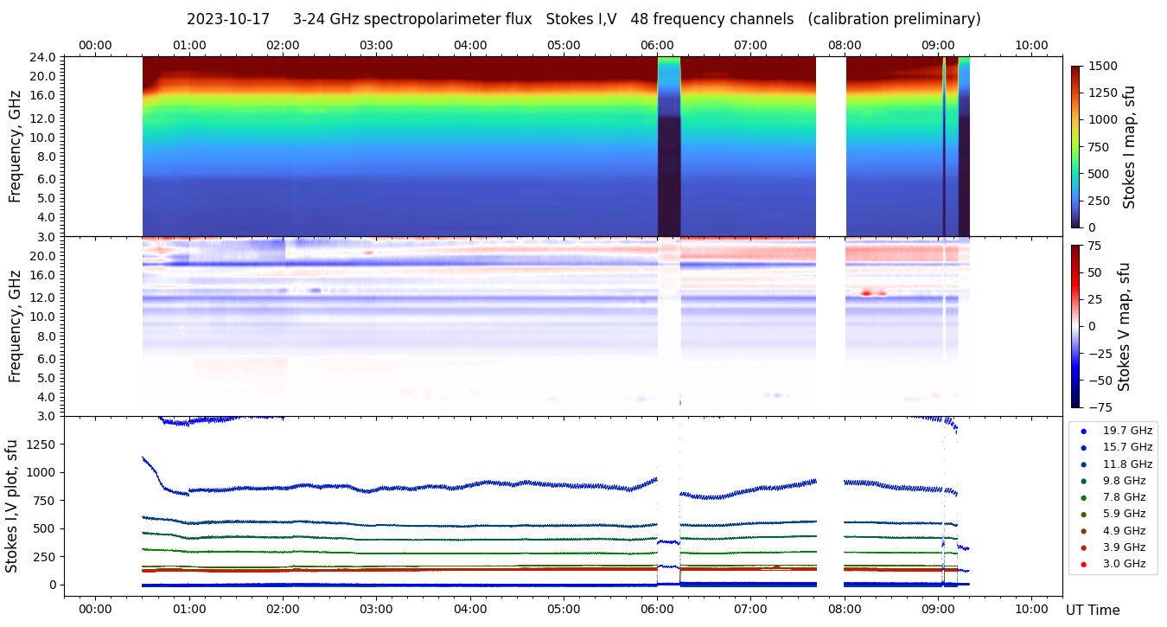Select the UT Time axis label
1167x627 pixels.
pyautogui.click(x=1093, y=611)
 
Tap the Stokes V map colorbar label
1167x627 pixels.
pyautogui.click(x=1124, y=327)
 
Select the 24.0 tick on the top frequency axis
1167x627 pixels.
pyautogui.click(x=43, y=57)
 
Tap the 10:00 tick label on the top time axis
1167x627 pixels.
pyautogui.click(x=1031, y=45)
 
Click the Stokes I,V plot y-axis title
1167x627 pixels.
pyautogui.click(x=12, y=505)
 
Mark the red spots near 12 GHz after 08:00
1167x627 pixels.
pyautogui.click(x=870, y=293)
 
